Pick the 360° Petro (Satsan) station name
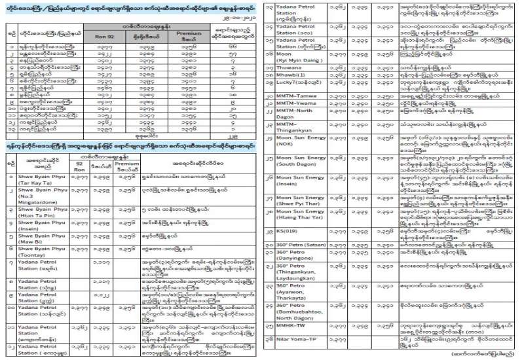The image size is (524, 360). click(302, 244)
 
